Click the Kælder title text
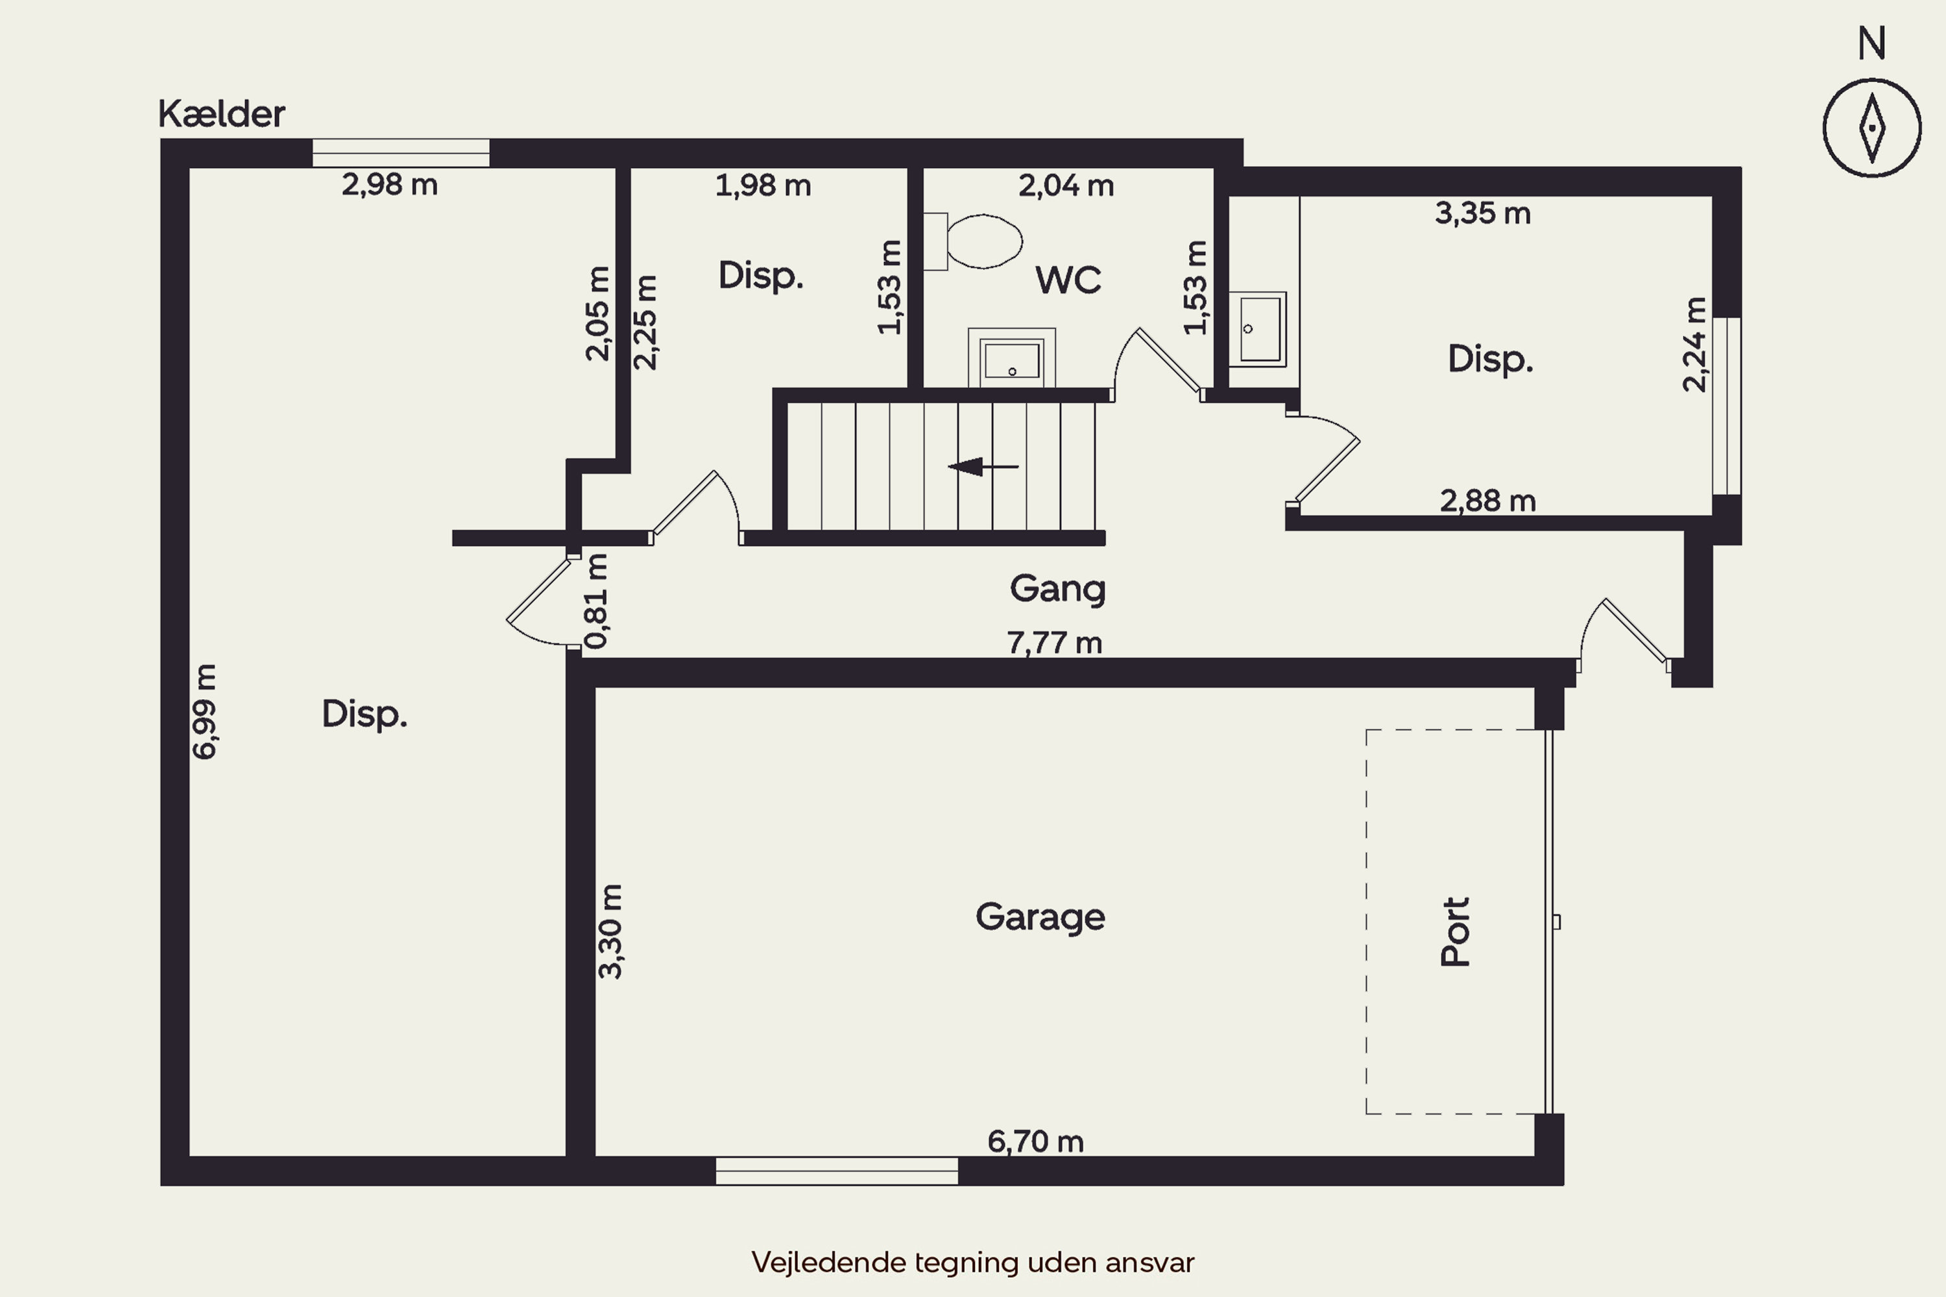coord(222,114)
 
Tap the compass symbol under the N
coord(1871,128)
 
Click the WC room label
coord(1068,280)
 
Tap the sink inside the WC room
coord(1011,358)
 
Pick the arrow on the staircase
coord(983,466)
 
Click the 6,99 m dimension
coord(204,711)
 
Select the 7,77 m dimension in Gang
coord(1054,643)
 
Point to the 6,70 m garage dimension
coord(1035,1141)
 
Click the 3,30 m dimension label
coord(610,931)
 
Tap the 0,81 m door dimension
coord(597,601)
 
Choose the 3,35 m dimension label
coord(1483,213)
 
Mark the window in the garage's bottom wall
coord(837,1171)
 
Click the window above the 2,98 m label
coord(400,153)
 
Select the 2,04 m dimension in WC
coord(1066,186)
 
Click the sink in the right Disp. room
coord(1257,329)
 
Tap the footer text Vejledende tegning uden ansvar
coord(973,1262)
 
